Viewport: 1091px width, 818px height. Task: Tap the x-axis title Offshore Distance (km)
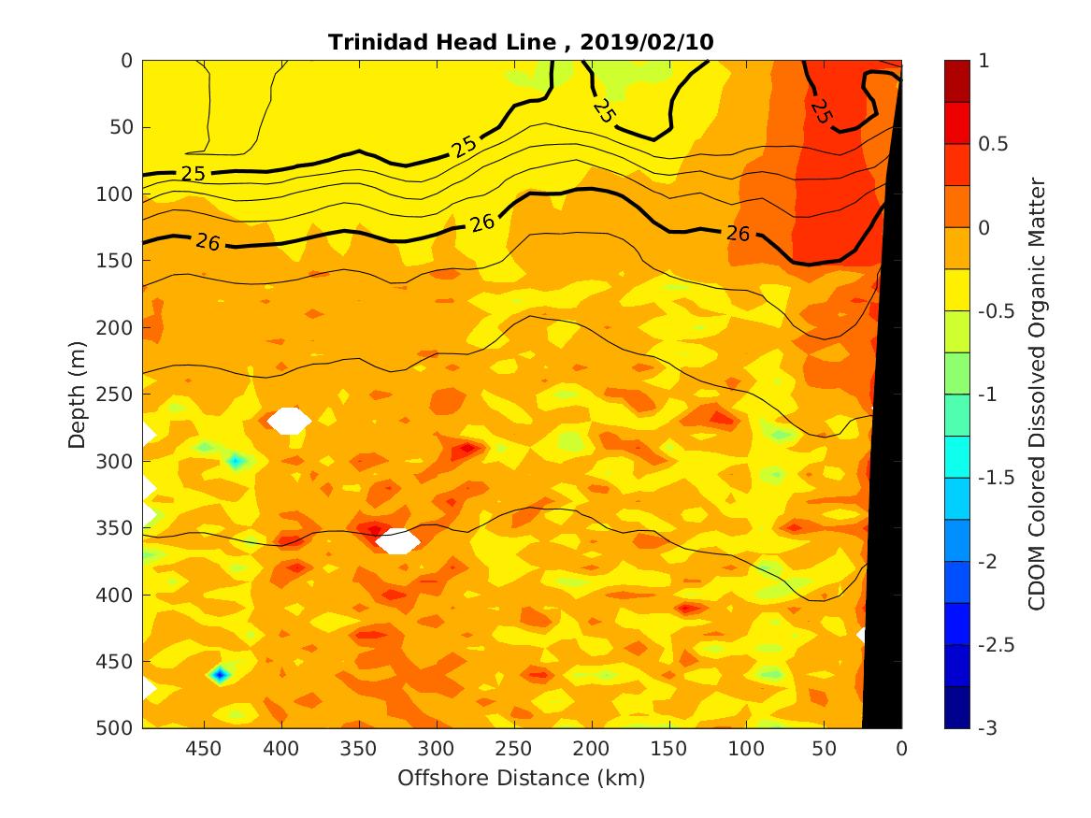pos(522,778)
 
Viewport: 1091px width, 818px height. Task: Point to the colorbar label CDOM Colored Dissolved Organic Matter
pos(1036,394)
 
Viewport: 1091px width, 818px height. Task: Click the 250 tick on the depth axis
pos(116,395)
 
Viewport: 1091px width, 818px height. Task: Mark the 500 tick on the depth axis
pos(116,728)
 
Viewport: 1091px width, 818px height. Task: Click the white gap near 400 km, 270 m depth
pos(289,421)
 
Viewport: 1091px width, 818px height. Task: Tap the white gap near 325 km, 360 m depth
pos(398,540)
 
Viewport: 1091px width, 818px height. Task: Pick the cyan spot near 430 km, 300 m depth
pos(236,461)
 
